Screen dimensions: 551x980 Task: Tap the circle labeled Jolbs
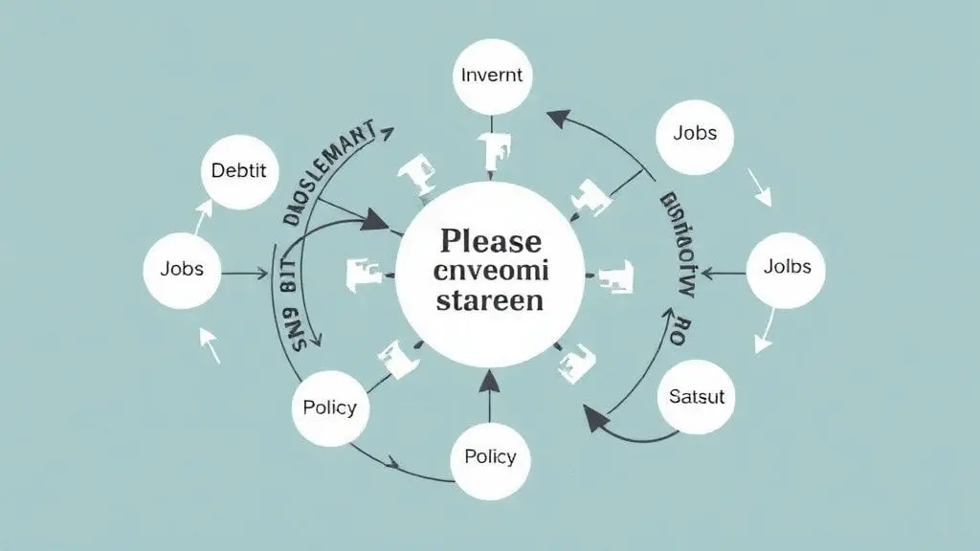point(787,268)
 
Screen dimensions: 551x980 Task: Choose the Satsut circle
point(696,396)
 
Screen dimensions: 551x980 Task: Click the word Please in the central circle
point(489,241)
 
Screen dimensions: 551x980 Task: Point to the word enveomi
point(490,272)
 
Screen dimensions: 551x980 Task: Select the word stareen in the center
point(489,300)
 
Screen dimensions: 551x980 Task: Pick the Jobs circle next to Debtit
point(181,269)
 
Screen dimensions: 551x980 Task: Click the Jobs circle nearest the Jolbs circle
point(695,134)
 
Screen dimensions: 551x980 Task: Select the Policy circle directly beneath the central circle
point(490,456)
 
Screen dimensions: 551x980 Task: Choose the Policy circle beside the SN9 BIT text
point(329,408)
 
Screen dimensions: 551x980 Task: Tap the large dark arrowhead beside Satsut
point(596,418)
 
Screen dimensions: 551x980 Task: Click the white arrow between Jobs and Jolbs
point(761,189)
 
